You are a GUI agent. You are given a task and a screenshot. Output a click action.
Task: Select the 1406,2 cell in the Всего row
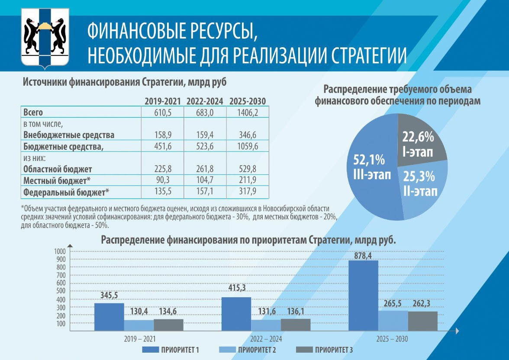point(248,112)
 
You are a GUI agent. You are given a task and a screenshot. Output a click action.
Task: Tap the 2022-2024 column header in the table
point(205,101)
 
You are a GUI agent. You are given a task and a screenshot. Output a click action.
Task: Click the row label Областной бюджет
point(58,169)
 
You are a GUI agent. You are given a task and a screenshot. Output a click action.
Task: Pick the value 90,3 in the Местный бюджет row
point(163,179)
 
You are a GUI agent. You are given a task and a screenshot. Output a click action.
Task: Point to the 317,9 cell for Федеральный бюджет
point(248,191)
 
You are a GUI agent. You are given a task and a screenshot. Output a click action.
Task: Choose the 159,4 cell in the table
point(205,135)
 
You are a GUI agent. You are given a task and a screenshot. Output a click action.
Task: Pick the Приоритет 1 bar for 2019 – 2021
point(109,317)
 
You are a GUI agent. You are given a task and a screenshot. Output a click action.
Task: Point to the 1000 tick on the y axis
point(59,251)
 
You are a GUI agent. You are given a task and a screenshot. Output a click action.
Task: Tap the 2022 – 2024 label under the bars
point(266,339)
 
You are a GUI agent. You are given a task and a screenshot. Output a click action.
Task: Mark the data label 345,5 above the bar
point(109,296)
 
